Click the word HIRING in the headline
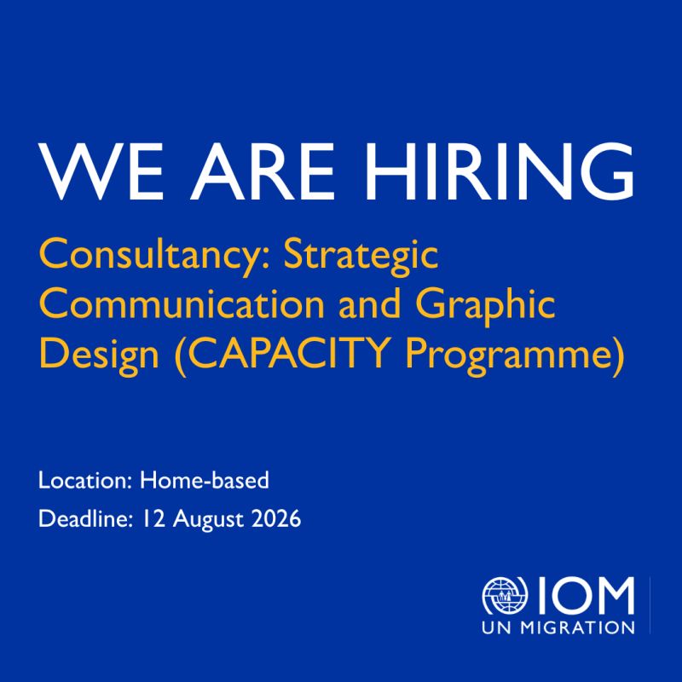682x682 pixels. click(x=500, y=171)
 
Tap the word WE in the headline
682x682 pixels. click(x=101, y=171)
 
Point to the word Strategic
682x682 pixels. click(x=361, y=257)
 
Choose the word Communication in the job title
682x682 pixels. click(x=182, y=303)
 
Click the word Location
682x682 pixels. click(x=84, y=481)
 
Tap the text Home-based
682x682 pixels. click(x=204, y=481)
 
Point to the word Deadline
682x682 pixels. click(x=85, y=519)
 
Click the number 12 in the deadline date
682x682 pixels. click(x=155, y=519)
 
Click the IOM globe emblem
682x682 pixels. click(x=505, y=595)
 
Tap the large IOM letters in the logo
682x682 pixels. click(x=583, y=595)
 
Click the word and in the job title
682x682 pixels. click(x=369, y=303)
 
